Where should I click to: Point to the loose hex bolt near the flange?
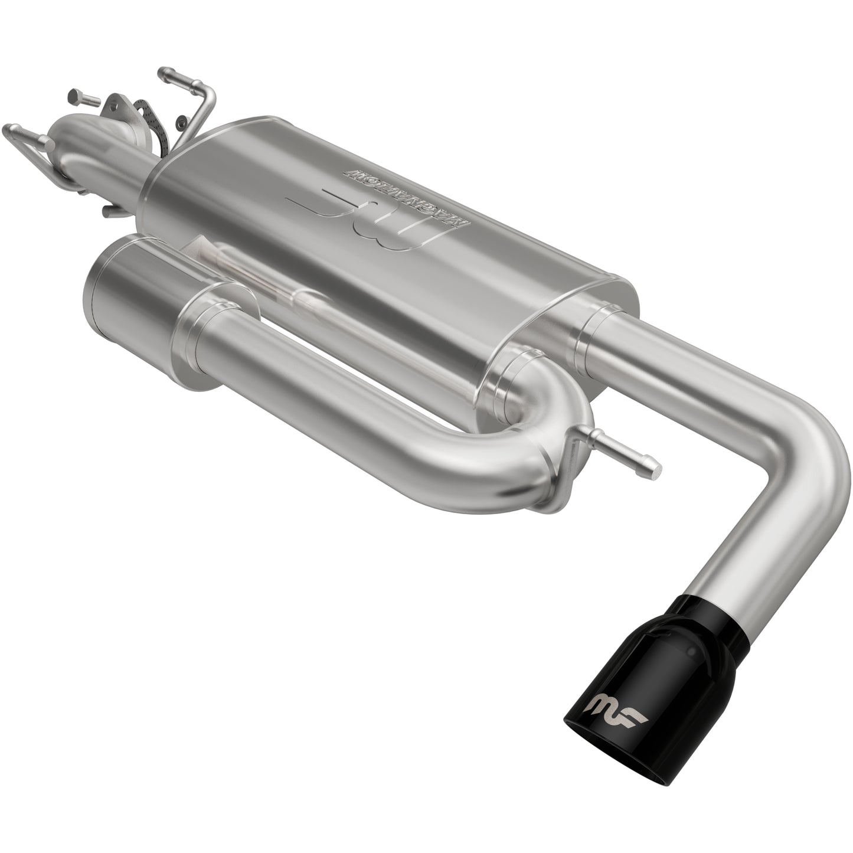point(80,97)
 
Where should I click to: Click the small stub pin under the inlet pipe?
point(110,211)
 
